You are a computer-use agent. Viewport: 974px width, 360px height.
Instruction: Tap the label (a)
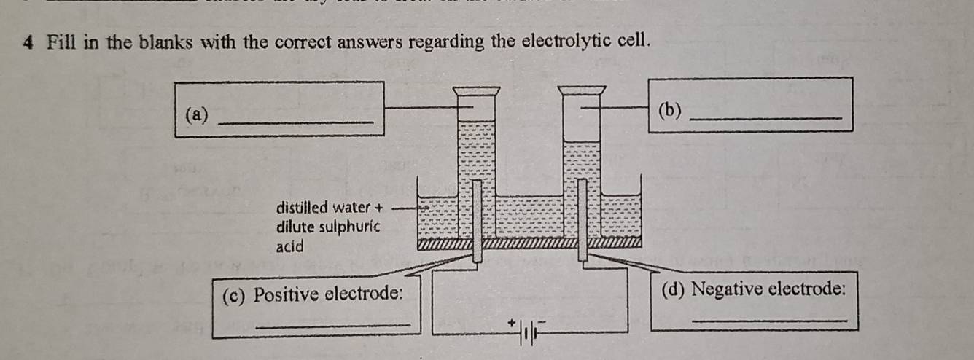tap(197, 114)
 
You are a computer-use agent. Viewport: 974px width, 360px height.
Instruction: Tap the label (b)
tap(669, 111)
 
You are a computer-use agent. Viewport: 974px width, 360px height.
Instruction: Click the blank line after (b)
tap(765, 119)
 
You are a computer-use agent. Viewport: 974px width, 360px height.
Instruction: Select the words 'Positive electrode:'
tap(329, 294)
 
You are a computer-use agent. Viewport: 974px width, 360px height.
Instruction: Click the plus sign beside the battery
tap(513, 321)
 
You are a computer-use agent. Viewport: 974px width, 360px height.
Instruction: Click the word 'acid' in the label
tap(289, 246)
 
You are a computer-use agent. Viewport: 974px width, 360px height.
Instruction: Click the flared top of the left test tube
tap(476, 91)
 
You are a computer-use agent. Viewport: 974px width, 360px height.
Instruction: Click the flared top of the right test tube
tap(582, 91)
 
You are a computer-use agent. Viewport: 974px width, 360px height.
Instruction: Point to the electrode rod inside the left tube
tap(476, 219)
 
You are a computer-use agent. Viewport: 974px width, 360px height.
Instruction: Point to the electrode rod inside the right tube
tap(583, 219)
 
